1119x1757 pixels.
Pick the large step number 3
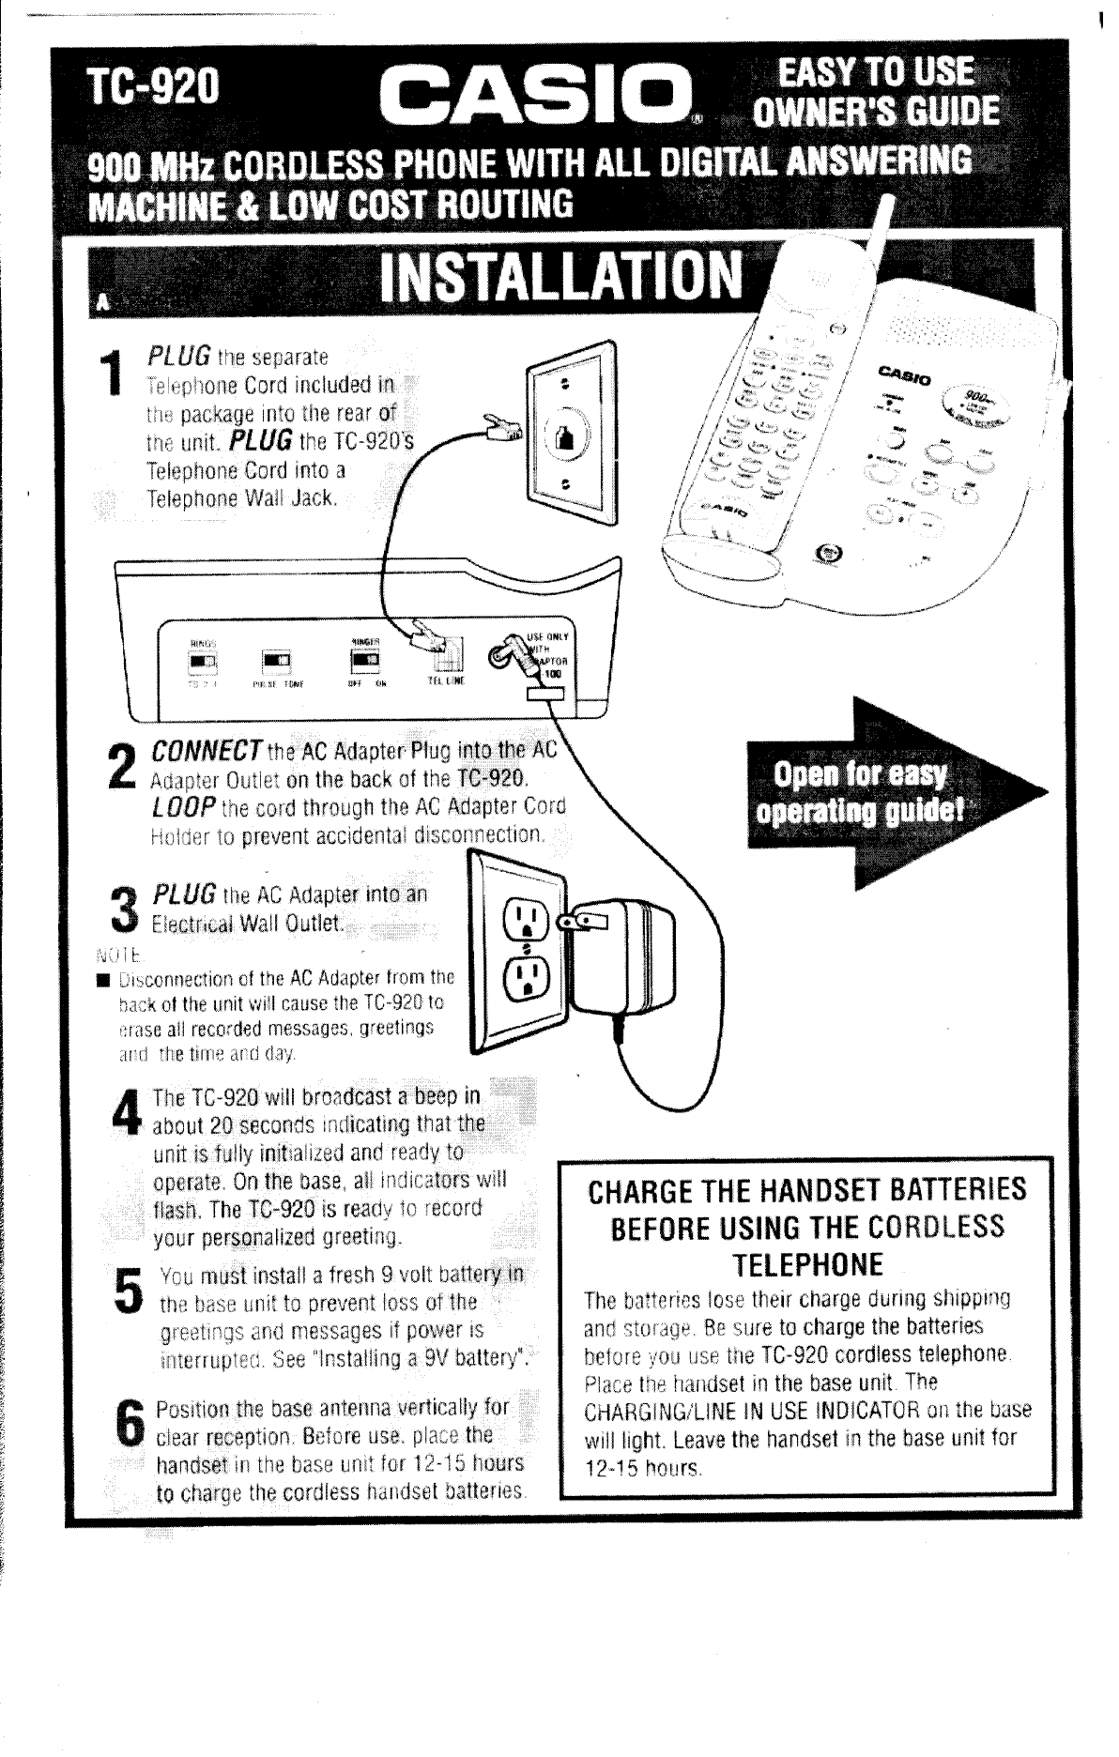point(118,909)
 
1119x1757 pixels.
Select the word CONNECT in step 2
point(207,751)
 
